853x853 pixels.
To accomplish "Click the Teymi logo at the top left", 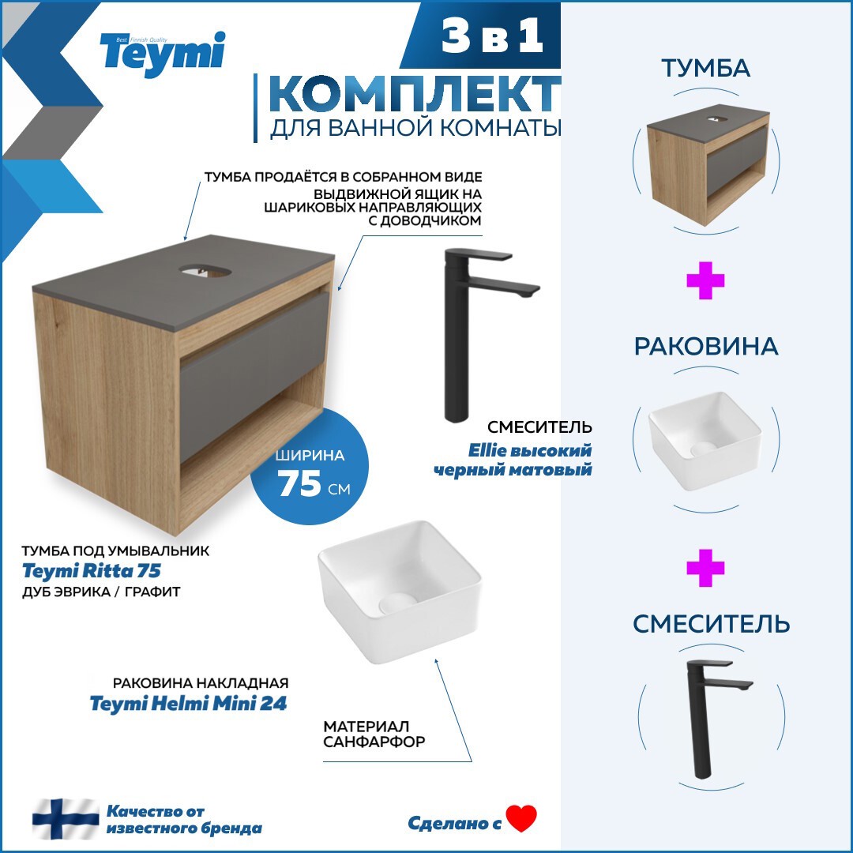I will pos(162,54).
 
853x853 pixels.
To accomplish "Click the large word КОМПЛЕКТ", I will pos(414,95).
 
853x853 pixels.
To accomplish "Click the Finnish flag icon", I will pos(65,818).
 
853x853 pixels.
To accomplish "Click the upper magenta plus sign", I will pos(705,282).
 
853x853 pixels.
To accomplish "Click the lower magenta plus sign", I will pos(705,569).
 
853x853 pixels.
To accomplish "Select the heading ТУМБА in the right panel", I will pos(705,69).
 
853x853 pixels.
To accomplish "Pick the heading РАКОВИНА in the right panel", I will pos(705,347).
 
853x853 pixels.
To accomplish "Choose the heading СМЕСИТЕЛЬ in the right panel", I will pos(711,624).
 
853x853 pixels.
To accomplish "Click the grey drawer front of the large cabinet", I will pos(253,371).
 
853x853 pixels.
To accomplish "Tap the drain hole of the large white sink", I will pos(396,605).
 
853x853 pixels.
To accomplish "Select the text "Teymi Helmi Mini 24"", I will pos(188,704).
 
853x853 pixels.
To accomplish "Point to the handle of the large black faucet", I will pos(479,256).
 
